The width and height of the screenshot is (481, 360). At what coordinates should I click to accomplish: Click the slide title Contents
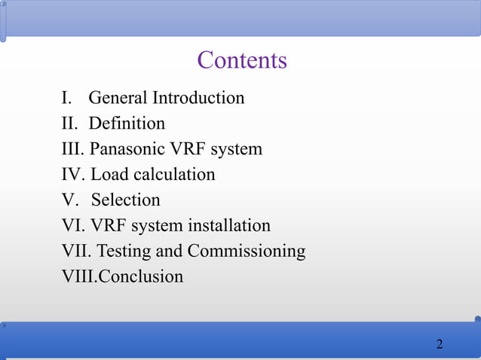coord(242,60)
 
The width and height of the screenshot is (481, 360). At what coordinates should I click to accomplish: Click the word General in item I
coord(118,98)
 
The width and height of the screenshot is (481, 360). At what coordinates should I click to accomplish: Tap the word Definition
coord(127,124)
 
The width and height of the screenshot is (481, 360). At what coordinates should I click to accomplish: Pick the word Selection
coord(126,200)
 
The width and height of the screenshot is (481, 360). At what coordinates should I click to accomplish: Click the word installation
coord(229,226)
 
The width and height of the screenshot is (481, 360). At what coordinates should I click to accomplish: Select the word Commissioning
coord(247,251)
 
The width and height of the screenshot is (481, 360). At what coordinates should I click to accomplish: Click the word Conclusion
coord(141,276)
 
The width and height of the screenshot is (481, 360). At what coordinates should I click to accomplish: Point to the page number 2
coord(440,345)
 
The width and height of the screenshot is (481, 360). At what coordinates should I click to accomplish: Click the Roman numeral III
coord(72,149)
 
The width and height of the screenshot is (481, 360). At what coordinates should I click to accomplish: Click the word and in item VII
coord(170,251)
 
